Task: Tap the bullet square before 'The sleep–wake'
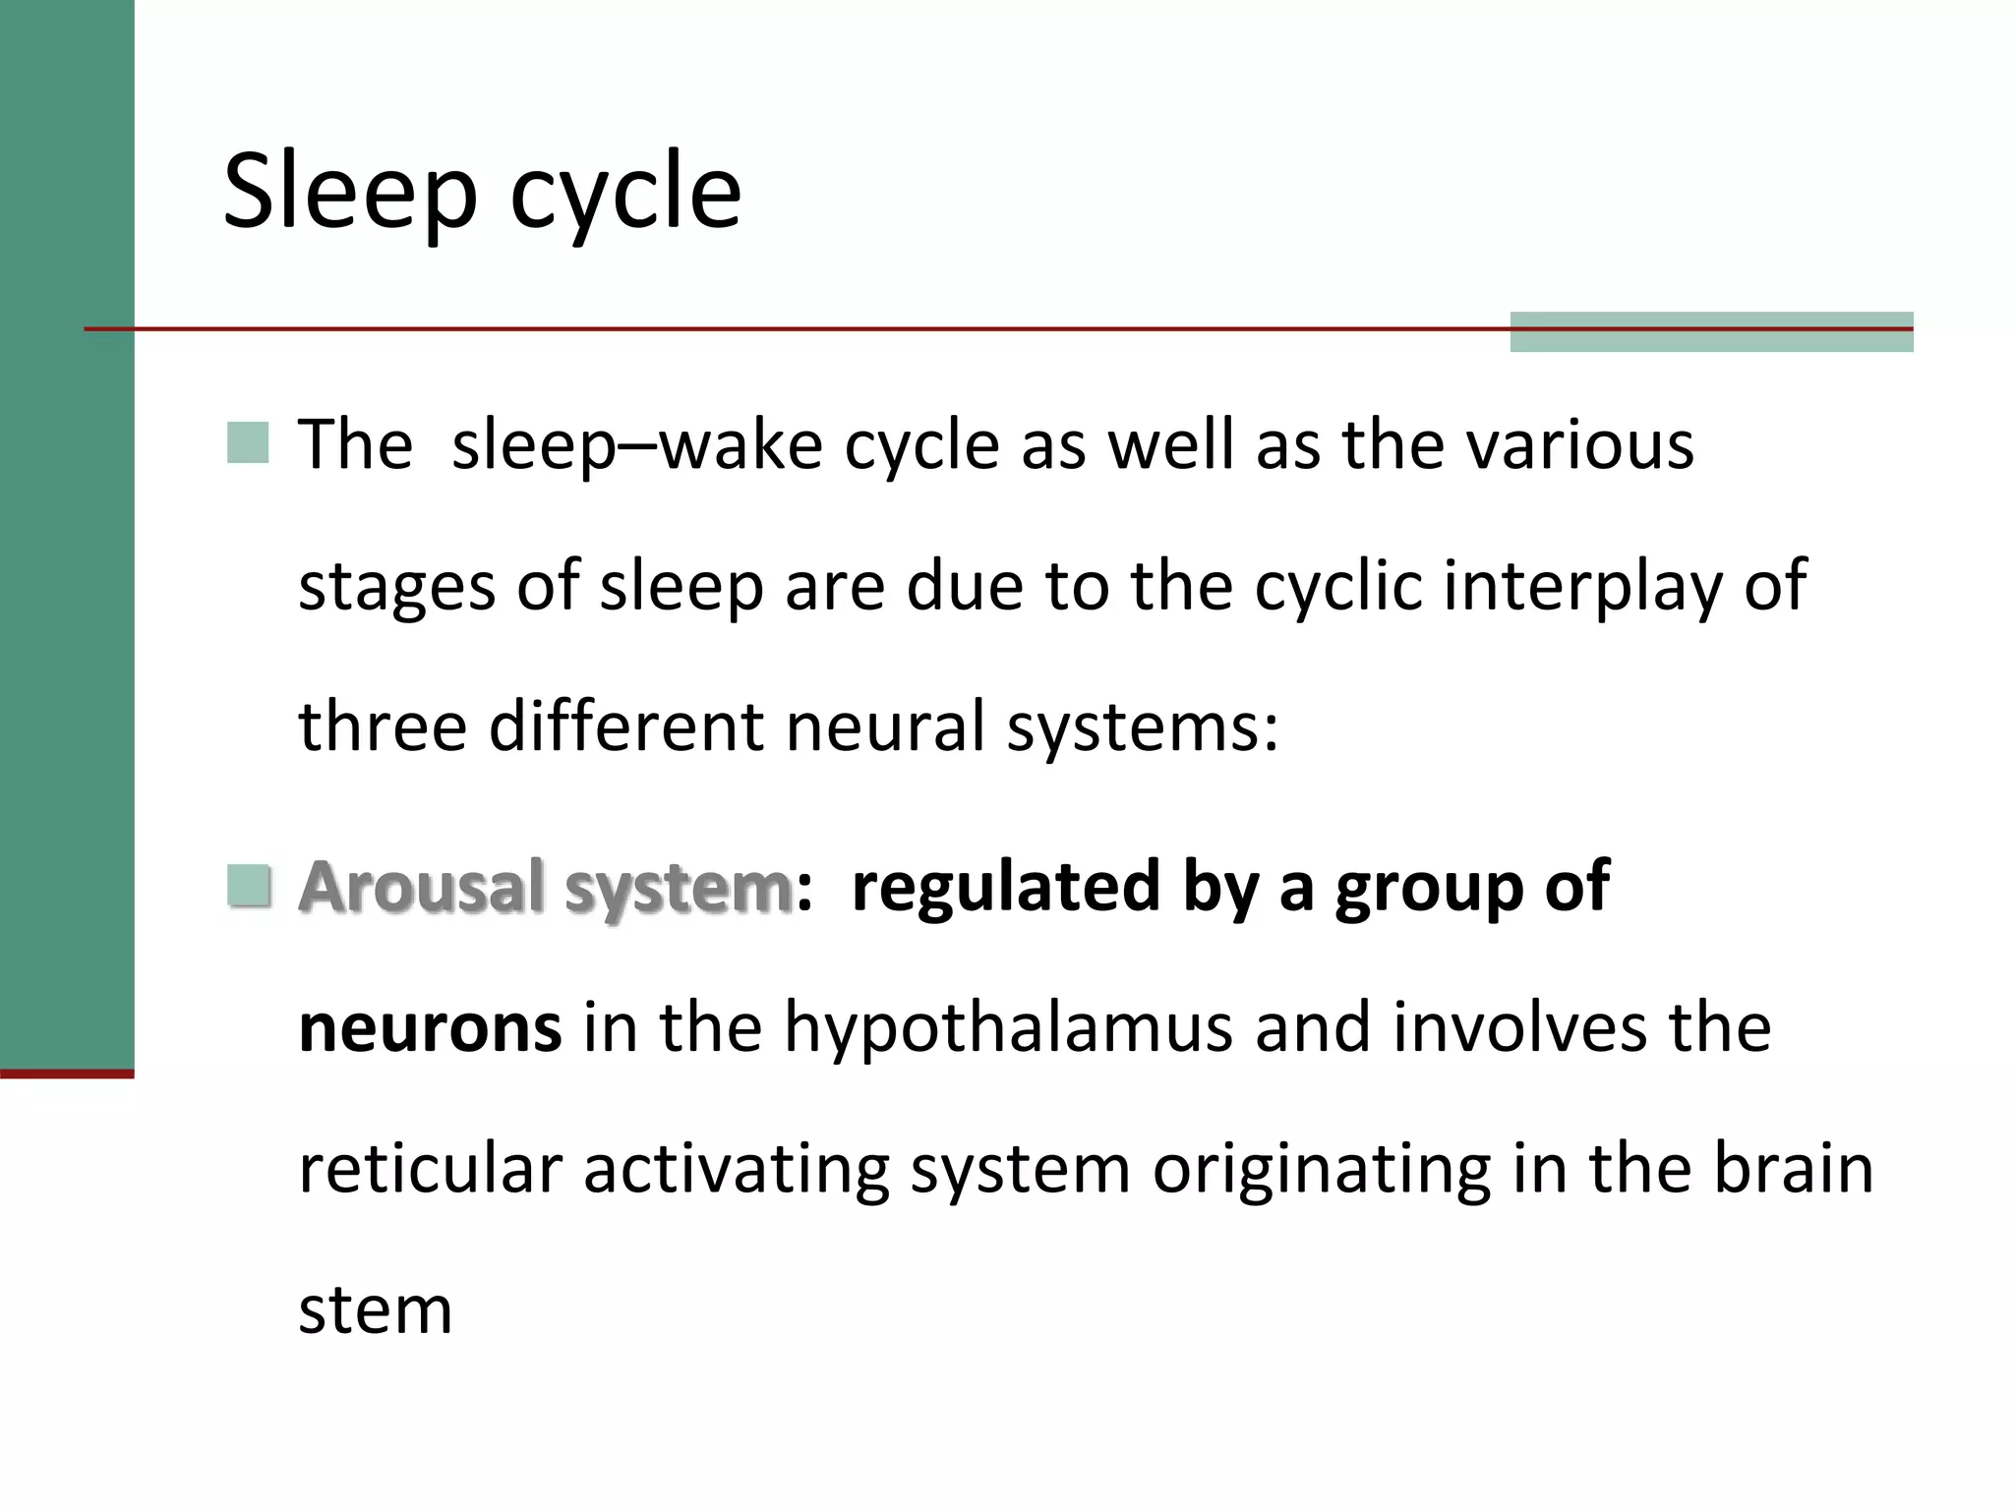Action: click(248, 442)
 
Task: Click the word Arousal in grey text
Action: click(421, 887)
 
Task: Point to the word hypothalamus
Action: click(1008, 1028)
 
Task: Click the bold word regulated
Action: click(1006, 887)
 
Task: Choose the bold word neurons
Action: click(430, 1028)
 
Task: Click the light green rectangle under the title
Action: click(1711, 332)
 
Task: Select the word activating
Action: click(737, 1170)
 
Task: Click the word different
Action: click(626, 726)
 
